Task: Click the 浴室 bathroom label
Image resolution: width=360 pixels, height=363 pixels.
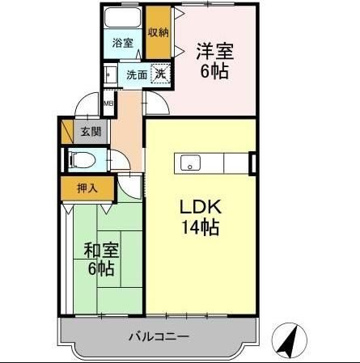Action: [x=123, y=43]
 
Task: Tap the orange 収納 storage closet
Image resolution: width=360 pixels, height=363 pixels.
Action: [x=159, y=32]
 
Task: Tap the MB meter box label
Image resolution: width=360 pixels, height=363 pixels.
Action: [x=108, y=103]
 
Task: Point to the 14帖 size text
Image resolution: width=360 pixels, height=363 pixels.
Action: [x=200, y=227]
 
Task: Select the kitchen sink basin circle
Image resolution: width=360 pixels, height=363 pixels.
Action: [x=191, y=167]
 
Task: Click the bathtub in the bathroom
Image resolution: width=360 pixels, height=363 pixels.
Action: [x=123, y=20]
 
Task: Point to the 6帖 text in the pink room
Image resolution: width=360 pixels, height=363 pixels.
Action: [x=214, y=71]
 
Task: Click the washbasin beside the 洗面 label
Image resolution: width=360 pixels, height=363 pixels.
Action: [x=108, y=75]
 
